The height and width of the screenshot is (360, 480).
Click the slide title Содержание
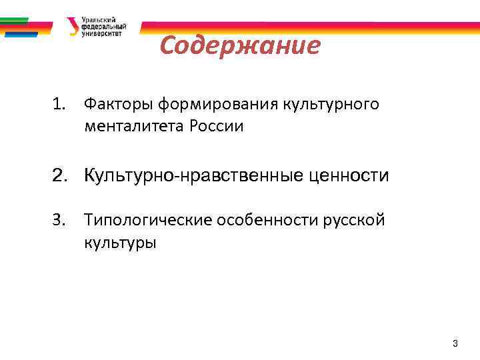[240, 46]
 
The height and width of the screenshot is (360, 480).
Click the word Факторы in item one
[113, 104]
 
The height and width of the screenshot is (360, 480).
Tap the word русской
[354, 220]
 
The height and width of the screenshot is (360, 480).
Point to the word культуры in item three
[120, 242]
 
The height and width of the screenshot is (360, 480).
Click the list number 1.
[59, 104]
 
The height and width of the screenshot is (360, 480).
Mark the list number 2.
[60, 176]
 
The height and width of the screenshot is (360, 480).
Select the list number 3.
[59, 220]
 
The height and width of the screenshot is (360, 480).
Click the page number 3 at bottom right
[455, 343]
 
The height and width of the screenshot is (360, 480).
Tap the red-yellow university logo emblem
[72, 26]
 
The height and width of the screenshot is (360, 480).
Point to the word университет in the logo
[101, 33]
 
